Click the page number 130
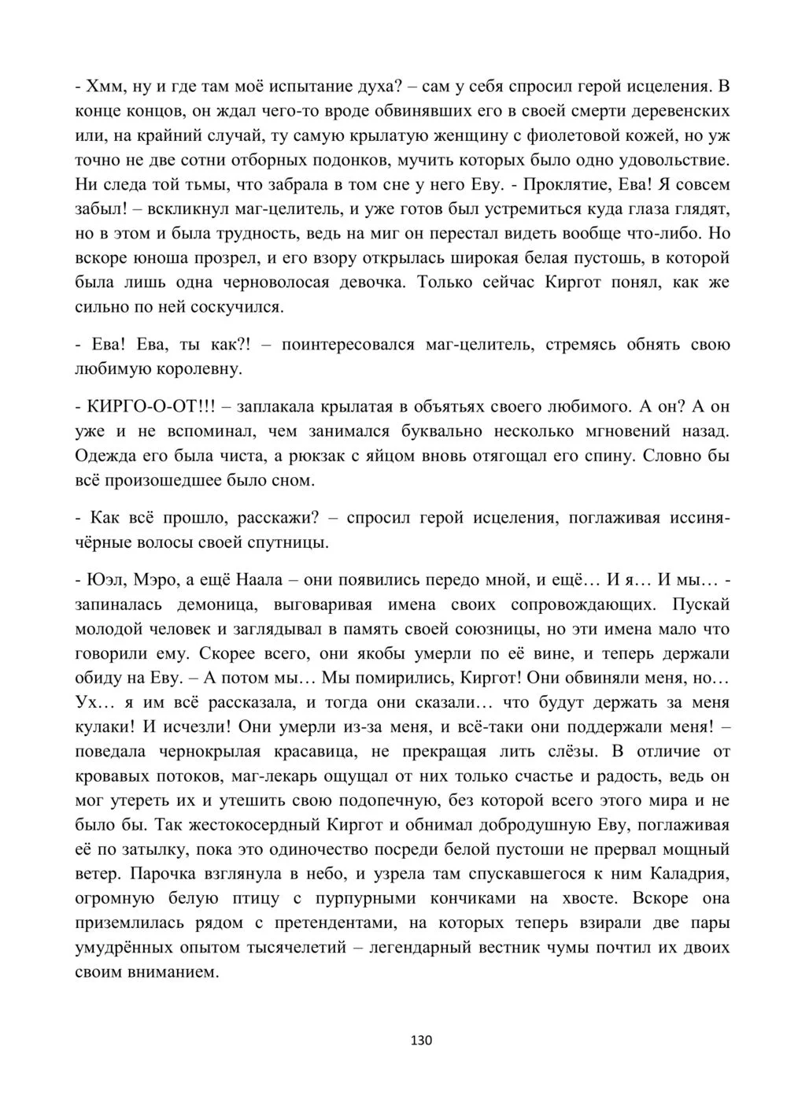pos(422,1040)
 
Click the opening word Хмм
pos(103,86)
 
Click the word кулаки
pos(102,727)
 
